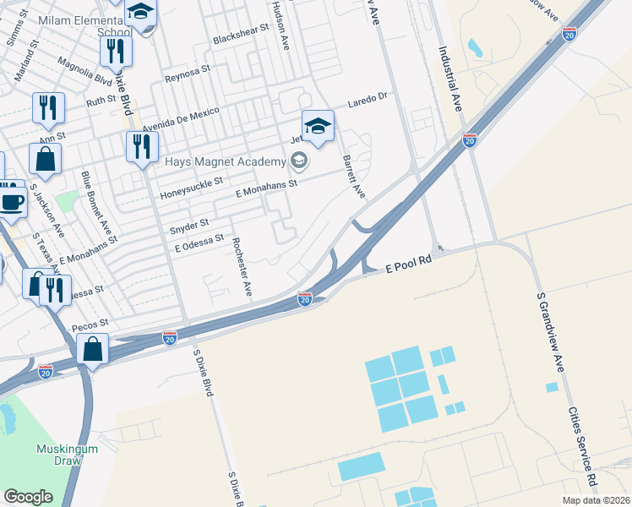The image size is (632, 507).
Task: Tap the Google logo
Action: pos(28,497)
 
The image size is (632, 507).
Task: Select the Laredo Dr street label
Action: pos(368,101)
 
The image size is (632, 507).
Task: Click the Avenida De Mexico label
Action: pos(180,119)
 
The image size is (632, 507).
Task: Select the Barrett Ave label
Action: pos(354,177)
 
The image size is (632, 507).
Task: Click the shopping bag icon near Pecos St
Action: pos(92,348)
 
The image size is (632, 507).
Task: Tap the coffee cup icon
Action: pos(11,202)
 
